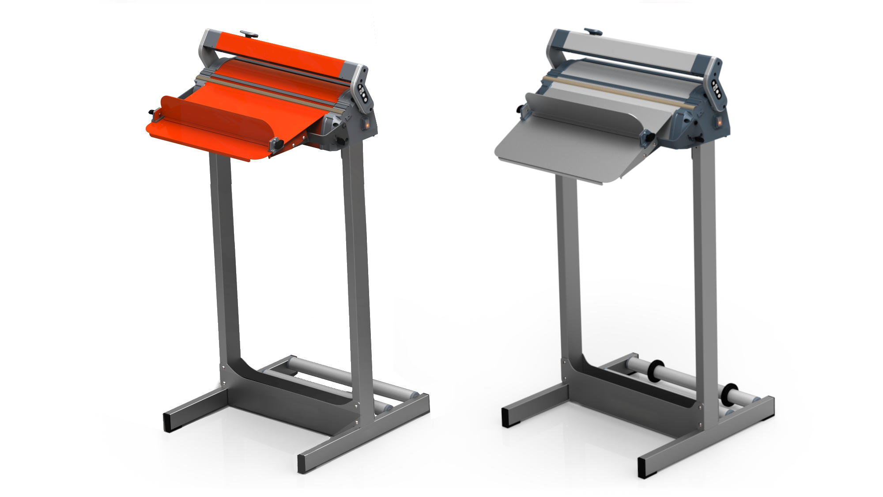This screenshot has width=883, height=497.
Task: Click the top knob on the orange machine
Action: (x=249, y=34)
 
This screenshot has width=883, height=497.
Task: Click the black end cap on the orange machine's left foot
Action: (x=168, y=422)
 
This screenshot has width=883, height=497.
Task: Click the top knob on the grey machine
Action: (x=593, y=31)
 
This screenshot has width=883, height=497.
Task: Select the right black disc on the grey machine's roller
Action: (x=729, y=394)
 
